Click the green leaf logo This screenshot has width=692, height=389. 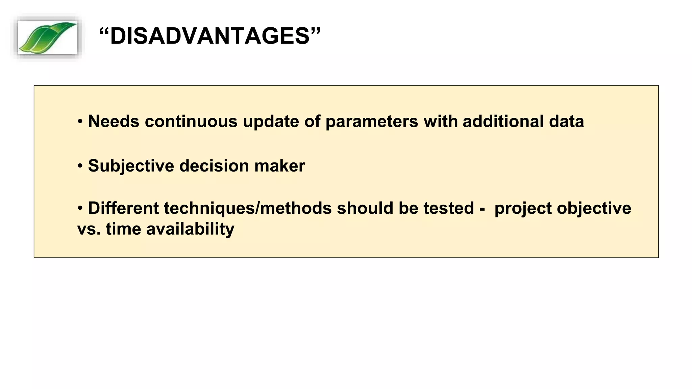click(47, 37)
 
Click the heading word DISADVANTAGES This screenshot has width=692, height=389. click(210, 36)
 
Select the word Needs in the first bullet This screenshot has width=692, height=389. click(114, 121)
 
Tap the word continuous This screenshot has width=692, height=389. click(191, 121)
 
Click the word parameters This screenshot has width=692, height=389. click(372, 122)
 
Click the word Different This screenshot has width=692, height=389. click(123, 208)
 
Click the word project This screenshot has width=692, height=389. click(523, 209)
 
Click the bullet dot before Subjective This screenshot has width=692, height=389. click(80, 166)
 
